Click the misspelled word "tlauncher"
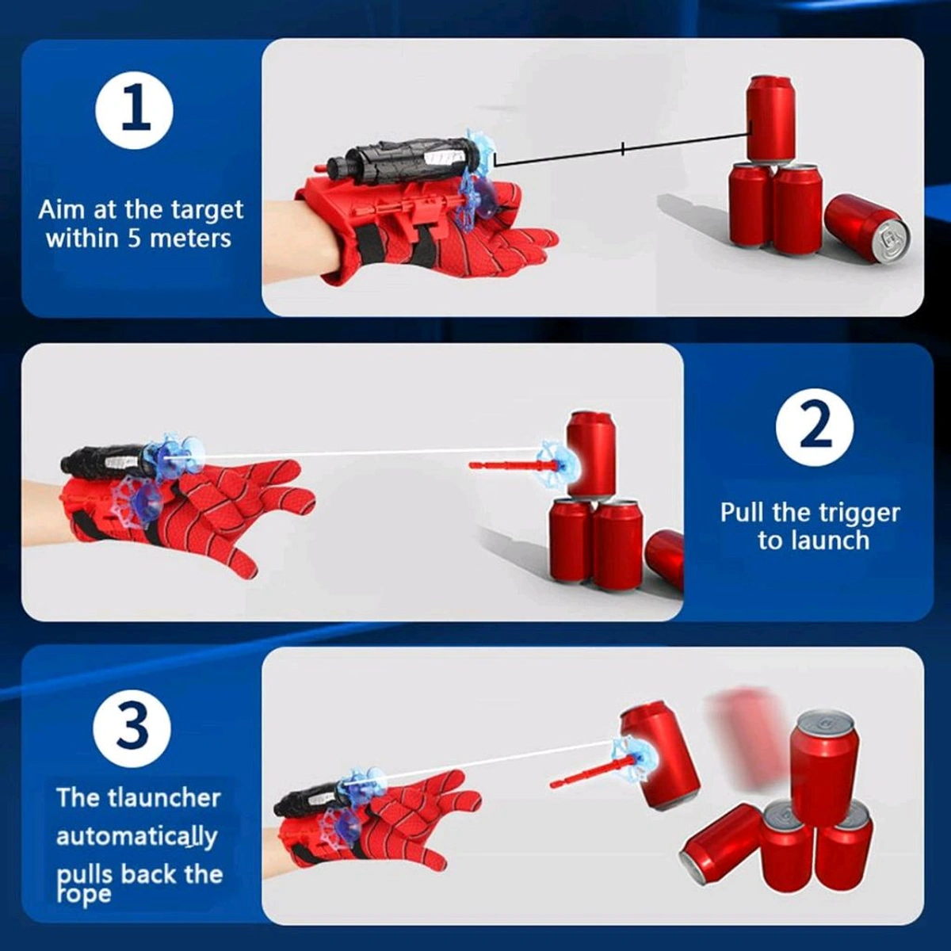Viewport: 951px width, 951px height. tap(166, 797)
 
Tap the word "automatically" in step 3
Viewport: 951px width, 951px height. tap(136, 837)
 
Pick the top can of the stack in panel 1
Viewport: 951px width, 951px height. tap(770, 119)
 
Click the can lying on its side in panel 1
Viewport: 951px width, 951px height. tap(867, 229)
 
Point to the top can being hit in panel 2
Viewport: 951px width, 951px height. tap(591, 452)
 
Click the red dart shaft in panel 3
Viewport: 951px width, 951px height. tap(586, 773)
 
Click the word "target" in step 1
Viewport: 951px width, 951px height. tap(205, 210)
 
